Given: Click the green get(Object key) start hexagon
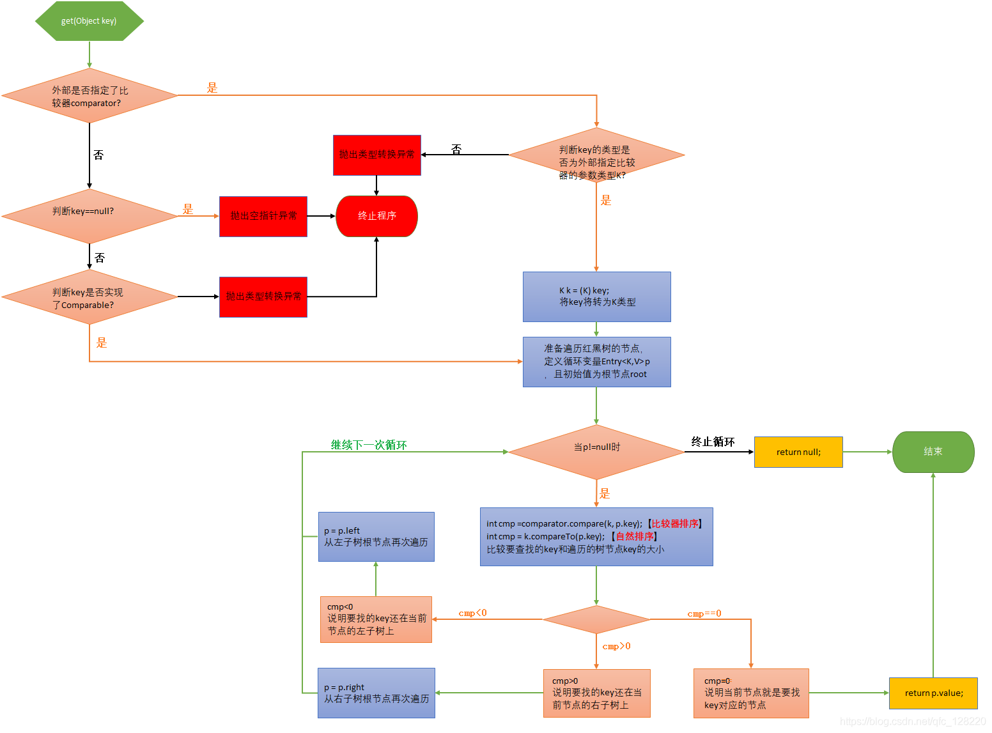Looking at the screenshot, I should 89,21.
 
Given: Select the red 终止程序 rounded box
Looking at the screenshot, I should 376,216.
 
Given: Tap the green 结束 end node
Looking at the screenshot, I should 933,452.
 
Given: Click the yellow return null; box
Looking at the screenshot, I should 798,452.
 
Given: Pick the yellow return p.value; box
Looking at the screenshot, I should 933,693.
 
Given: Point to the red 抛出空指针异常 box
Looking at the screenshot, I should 263,216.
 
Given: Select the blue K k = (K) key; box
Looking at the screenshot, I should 596,297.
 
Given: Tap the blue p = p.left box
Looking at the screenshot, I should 376,537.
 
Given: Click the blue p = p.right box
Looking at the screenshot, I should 376,693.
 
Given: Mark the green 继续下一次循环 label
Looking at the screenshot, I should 369,445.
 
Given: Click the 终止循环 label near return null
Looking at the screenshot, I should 713,442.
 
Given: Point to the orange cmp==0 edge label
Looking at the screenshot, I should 704,613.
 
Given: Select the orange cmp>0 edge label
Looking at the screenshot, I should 616,646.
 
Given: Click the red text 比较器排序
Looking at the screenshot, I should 675,523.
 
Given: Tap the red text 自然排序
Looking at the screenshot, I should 635,536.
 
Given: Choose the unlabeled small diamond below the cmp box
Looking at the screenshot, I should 596,619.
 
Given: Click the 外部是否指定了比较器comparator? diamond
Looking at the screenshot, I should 89,96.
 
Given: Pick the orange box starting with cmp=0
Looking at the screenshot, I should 751,693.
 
